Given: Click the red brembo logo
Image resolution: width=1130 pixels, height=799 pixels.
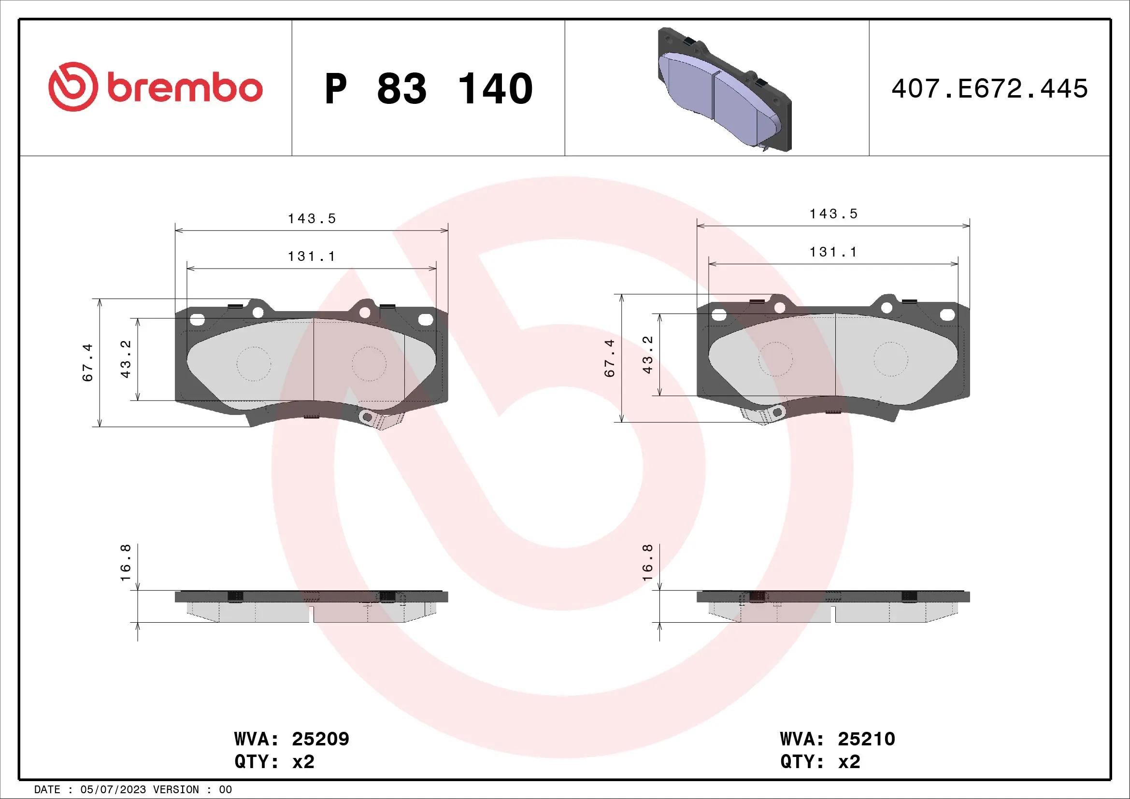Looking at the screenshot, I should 156,87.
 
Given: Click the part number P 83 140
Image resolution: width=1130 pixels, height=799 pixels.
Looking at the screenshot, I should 428,89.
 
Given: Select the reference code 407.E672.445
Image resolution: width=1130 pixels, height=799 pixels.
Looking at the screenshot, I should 989,89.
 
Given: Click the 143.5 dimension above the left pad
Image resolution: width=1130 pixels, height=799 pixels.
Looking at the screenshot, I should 312,218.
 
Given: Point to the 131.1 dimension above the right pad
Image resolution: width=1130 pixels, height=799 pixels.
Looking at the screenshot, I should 833,252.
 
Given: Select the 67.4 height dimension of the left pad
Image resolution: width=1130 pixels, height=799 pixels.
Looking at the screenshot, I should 87,363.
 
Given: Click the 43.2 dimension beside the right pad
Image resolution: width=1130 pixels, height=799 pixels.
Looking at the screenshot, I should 648,355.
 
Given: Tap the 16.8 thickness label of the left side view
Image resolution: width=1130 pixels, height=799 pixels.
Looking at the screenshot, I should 126,562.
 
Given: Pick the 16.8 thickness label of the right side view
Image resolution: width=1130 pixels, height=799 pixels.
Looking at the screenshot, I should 648,562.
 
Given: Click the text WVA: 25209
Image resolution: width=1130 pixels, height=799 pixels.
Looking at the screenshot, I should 291,739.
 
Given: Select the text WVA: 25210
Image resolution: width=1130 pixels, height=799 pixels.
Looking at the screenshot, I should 837,739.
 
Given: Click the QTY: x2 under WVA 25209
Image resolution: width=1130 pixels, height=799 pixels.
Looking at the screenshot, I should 274,762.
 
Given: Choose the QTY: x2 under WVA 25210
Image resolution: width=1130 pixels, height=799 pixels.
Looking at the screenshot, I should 820,762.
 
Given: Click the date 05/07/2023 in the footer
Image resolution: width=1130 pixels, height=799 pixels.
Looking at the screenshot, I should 113,790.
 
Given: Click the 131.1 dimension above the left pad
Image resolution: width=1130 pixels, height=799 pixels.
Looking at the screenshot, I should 312,257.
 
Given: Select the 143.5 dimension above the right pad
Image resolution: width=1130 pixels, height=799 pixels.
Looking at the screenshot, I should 833,214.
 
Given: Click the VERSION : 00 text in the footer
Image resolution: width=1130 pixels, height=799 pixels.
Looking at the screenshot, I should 192,790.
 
